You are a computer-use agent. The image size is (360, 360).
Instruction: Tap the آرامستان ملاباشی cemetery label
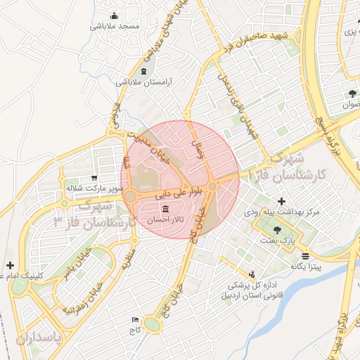[x=144, y=82]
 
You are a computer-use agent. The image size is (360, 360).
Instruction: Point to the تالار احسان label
[x=165, y=221]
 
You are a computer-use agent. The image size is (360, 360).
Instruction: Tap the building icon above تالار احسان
[x=165, y=210]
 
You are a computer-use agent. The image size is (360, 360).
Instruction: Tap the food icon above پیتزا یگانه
[x=305, y=256]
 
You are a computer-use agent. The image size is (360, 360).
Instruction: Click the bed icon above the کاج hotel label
[x=136, y=320]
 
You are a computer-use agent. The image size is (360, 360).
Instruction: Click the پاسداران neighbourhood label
[x=39, y=338]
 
